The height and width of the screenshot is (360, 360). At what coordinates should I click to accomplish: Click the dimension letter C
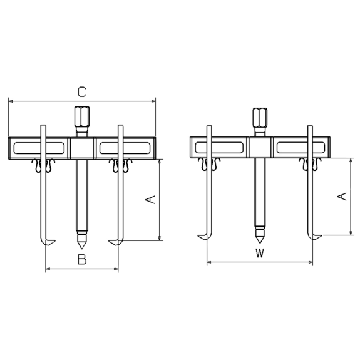point(82,92)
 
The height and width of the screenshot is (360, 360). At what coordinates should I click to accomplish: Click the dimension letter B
point(82,259)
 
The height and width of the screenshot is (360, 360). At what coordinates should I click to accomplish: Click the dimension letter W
point(260,253)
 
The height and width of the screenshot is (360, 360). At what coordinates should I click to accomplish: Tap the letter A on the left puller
point(150,200)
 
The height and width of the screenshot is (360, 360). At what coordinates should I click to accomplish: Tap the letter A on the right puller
point(342,197)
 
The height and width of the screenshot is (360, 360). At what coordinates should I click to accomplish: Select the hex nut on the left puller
point(82,117)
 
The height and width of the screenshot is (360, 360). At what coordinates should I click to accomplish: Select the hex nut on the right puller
point(260,118)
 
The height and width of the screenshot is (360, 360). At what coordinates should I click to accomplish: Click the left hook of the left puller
point(48,242)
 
